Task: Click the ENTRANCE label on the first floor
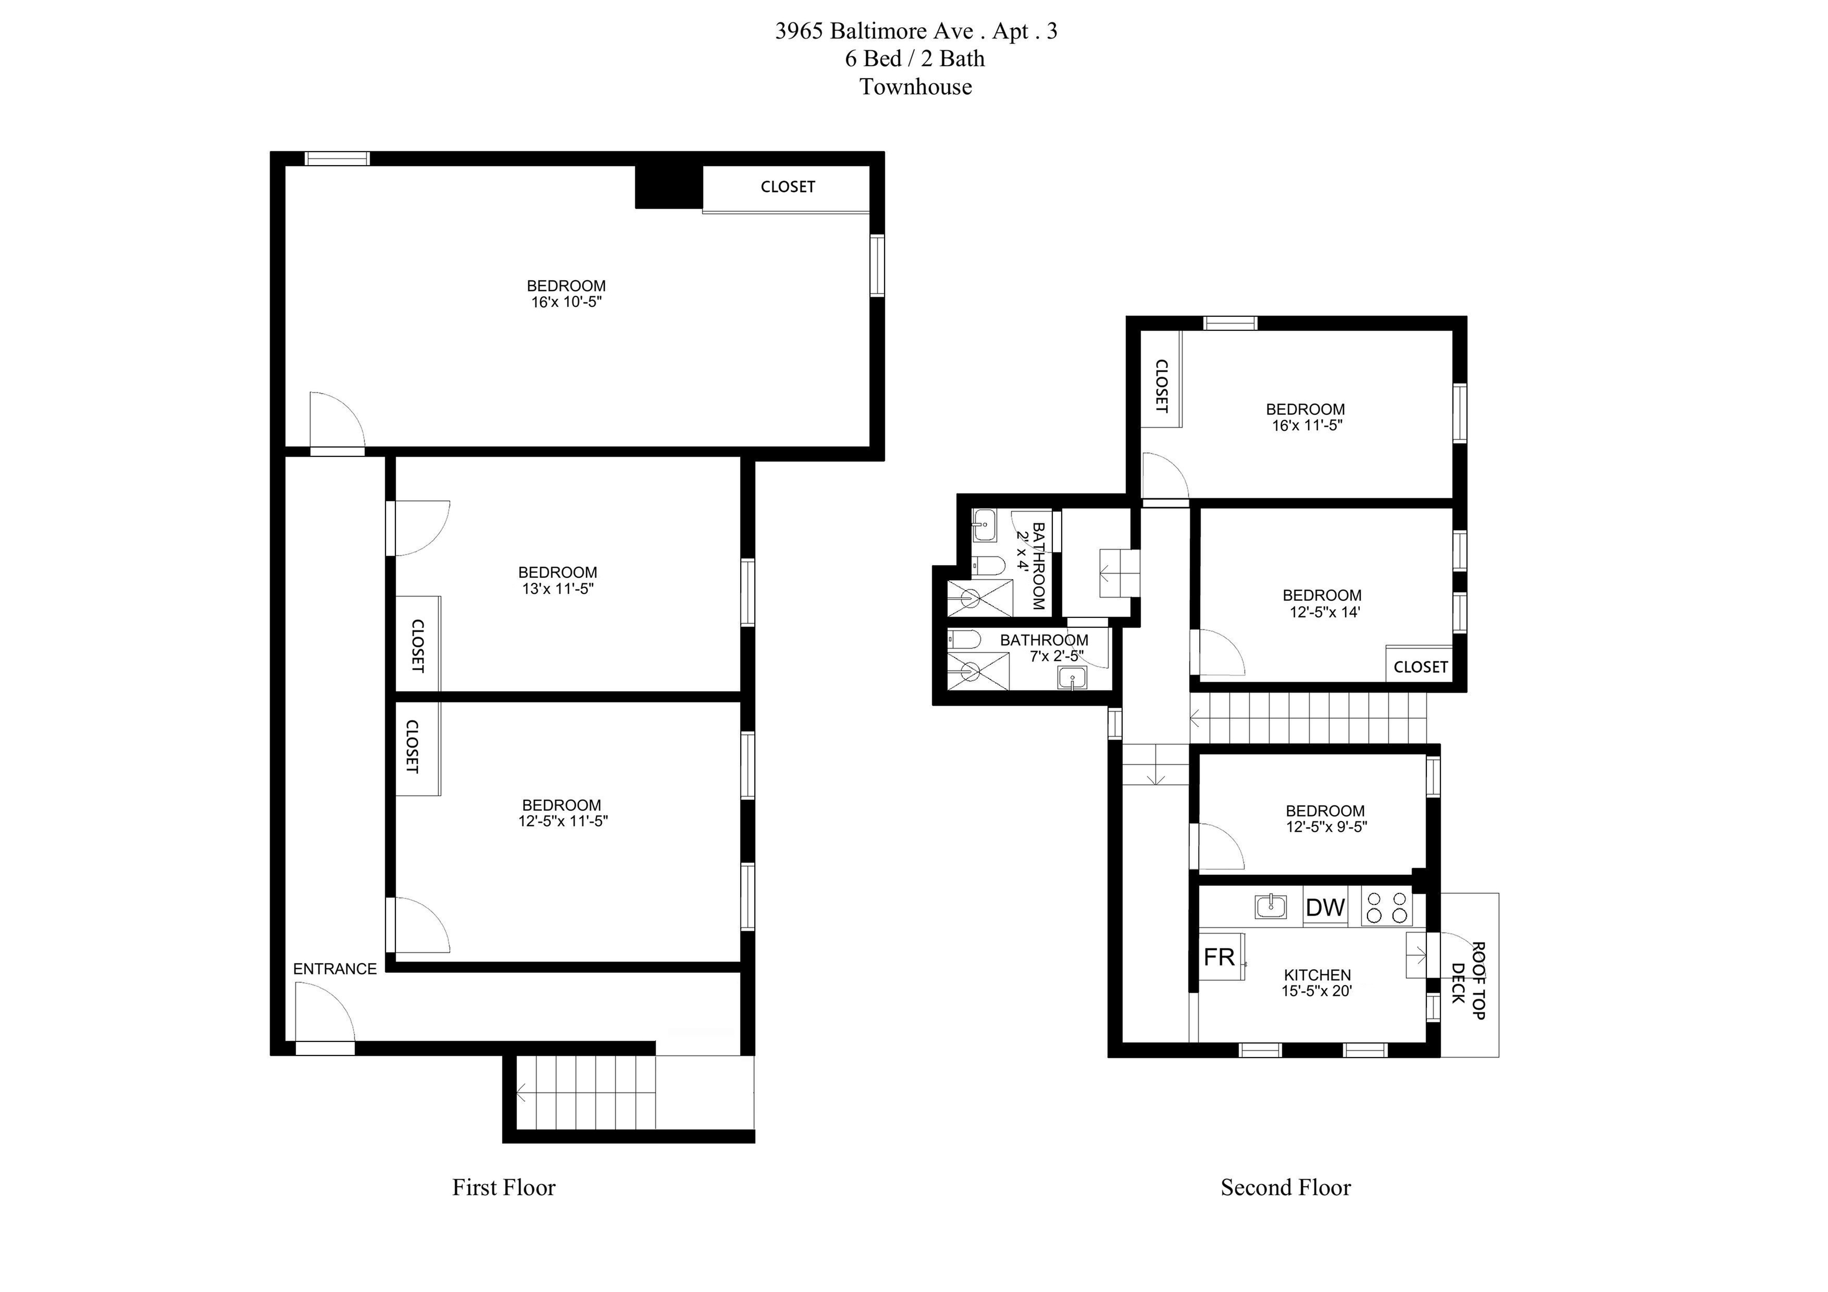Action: click(x=334, y=969)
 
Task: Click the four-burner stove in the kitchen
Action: click(x=1386, y=906)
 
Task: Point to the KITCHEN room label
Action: click(x=1317, y=975)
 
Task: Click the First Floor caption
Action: click(x=504, y=1188)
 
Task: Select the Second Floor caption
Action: click(x=1286, y=1188)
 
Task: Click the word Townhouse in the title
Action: click(x=916, y=87)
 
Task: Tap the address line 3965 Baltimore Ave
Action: click(x=874, y=31)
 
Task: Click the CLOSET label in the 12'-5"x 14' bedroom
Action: click(x=1421, y=667)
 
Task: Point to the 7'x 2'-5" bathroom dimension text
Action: click(x=1056, y=657)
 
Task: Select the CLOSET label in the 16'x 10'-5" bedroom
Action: click(x=787, y=187)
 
